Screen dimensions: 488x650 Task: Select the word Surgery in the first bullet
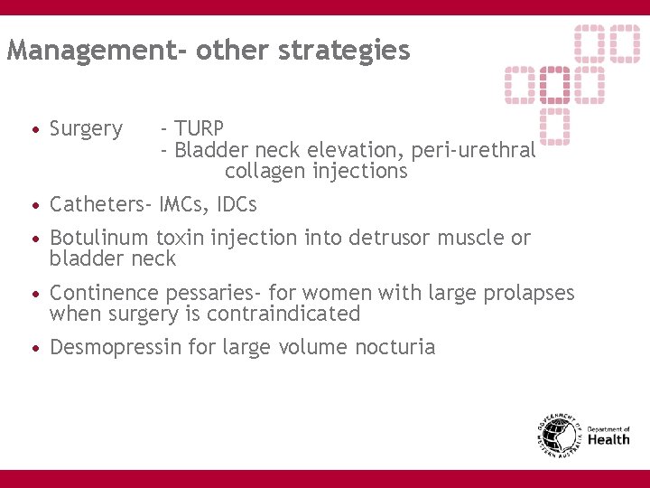pyautogui.click(x=86, y=129)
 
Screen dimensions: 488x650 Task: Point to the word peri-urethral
pyautogui.click(x=473, y=150)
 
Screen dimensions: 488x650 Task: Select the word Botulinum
pyautogui.click(x=99, y=239)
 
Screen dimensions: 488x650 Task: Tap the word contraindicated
pyautogui.click(x=283, y=314)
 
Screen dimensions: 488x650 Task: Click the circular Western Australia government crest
pyautogui.click(x=558, y=434)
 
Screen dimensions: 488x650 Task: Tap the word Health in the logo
pyautogui.click(x=608, y=440)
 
